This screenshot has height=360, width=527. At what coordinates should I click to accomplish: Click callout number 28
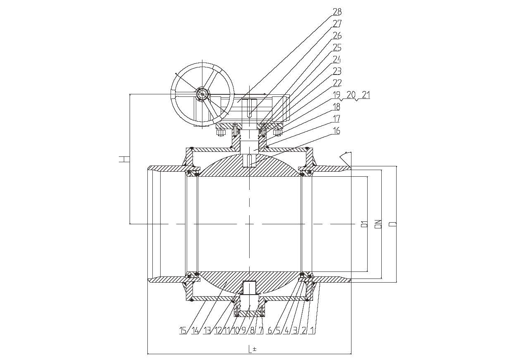(337, 12)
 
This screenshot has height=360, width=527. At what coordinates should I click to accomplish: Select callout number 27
(337, 24)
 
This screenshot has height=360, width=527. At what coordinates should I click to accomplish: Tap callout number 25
(337, 48)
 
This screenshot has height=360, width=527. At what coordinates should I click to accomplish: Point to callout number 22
(337, 83)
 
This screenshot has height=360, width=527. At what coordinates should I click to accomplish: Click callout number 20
(351, 95)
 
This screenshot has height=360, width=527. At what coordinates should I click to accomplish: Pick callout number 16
(337, 130)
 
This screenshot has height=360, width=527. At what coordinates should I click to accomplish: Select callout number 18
(337, 107)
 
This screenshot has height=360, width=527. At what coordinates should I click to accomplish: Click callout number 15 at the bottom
(183, 330)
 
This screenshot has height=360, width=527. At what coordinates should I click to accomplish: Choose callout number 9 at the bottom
(243, 330)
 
